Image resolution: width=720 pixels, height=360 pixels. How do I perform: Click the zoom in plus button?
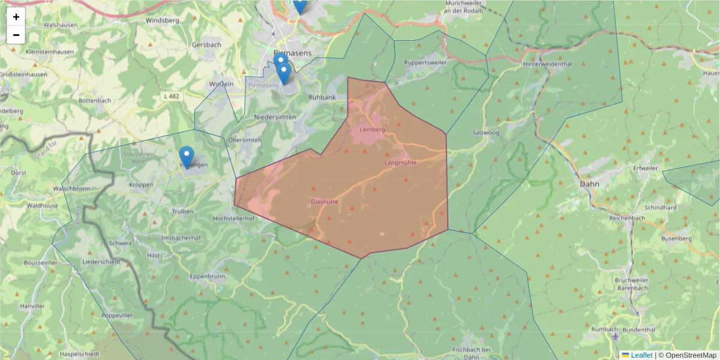coord(16,17)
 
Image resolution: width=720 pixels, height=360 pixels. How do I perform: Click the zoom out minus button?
coord(16,35)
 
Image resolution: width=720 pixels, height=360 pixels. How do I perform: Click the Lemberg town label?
coord(372,130)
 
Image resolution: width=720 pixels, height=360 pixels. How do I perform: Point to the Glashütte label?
coord(325,202)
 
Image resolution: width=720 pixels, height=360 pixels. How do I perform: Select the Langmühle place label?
coord(400,163)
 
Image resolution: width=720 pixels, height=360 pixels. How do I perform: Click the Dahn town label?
coord(588,184)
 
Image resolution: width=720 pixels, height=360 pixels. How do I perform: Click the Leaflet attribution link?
coord(641,355)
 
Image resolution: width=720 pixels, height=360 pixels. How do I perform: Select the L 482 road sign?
coord(170,96)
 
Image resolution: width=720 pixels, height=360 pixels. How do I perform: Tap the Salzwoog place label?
coord(485,132)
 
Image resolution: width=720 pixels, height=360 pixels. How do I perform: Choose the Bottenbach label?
coord(95,100)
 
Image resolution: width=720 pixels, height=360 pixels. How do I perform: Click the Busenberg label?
coord(676,238)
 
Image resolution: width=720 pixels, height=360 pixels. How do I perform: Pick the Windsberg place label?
coord(162,20)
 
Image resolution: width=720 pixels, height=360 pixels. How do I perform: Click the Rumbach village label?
coord(604,329)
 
